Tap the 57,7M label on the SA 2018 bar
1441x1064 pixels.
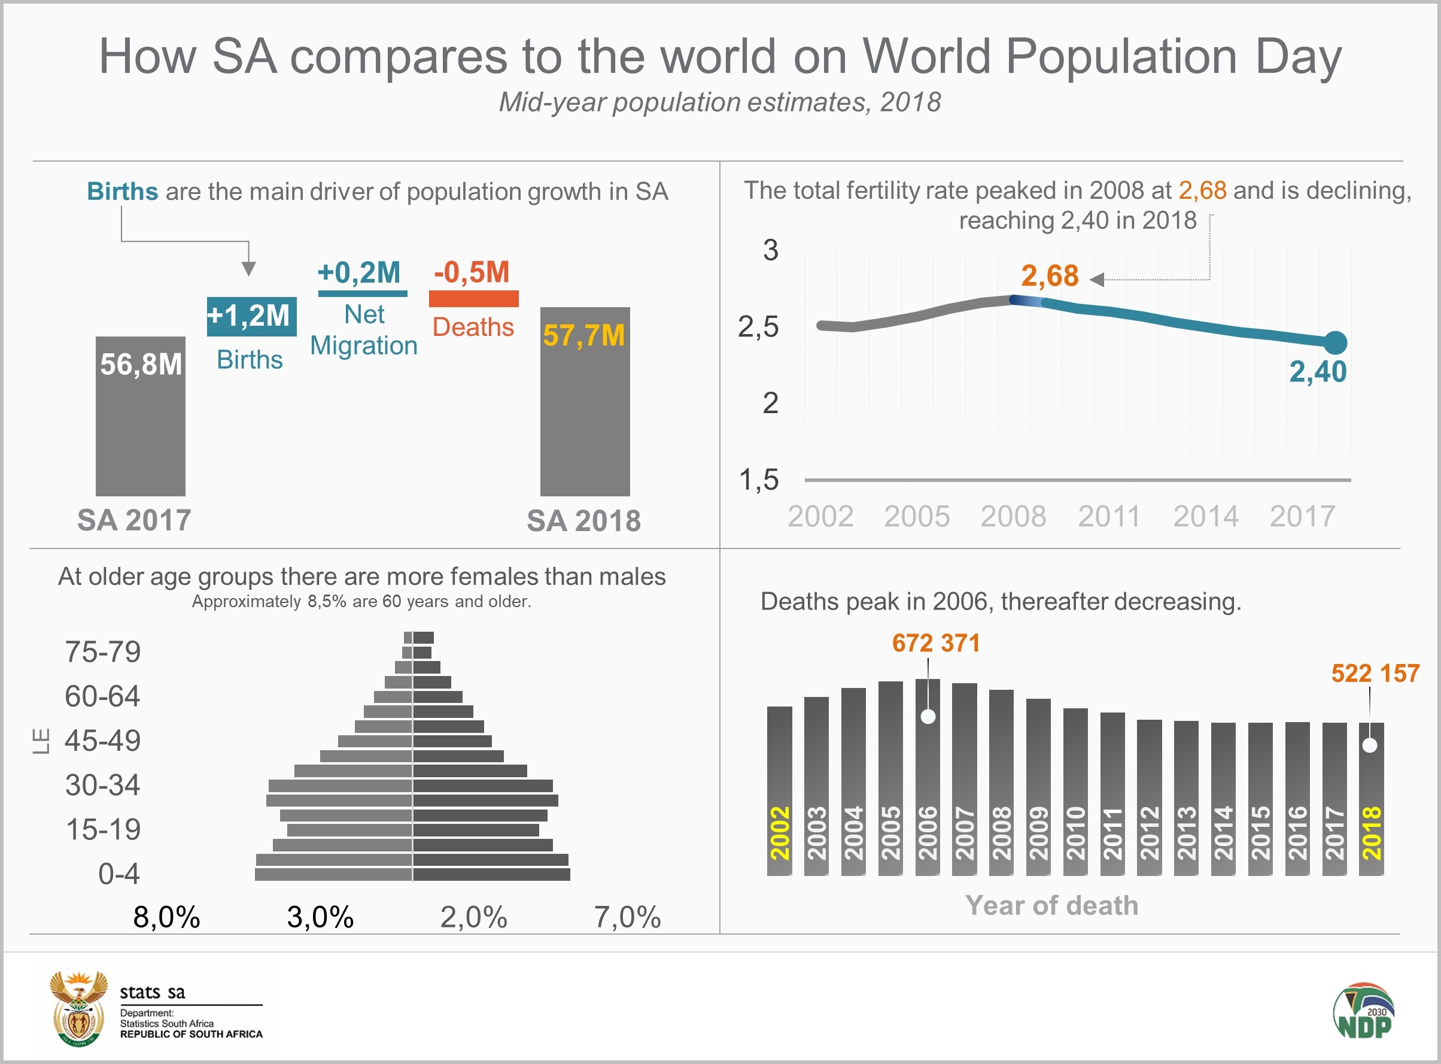[x=583, y=335]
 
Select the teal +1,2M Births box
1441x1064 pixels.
[x=251, y=316]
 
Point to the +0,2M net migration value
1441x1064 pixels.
[x=359, y=272]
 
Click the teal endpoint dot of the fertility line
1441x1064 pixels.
[x=1336, y=342]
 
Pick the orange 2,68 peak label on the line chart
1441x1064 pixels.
[x=1050, y=276]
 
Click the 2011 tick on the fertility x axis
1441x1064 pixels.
[x=1109, y=517]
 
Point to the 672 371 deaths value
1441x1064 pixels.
[x=936, y=643]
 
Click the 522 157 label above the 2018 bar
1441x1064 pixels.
[x=1375, y=673]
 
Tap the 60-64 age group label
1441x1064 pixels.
[x=102, y=696]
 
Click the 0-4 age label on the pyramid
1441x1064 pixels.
[x=118, y=874]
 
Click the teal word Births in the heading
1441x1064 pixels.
[x=122, y=191]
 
